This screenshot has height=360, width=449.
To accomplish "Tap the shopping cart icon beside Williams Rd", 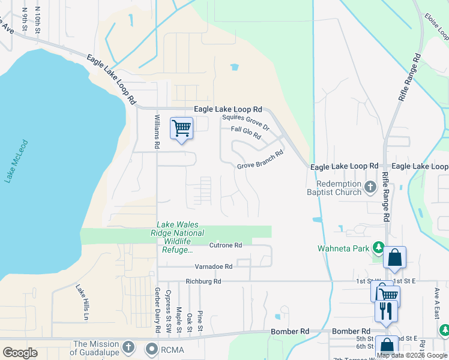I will [181, 128].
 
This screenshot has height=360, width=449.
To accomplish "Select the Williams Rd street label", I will [157, 131].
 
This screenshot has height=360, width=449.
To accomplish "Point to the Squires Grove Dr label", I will [246, 123].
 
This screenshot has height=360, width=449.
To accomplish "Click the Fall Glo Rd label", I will [246, 133].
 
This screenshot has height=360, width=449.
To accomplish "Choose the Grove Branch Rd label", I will [259, 158].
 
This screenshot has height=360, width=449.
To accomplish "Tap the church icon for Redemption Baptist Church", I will [371, 188].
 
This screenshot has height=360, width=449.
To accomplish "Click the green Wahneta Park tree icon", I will [378, 247].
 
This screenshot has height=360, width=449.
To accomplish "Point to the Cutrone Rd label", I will [225, 245].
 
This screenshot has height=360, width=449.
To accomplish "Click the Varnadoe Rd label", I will [213, 266].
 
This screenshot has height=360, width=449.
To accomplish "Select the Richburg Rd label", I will [203, 281].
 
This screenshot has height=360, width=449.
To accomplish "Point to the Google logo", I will [20, 353].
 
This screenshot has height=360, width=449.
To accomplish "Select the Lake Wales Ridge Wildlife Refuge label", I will [180, 237].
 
